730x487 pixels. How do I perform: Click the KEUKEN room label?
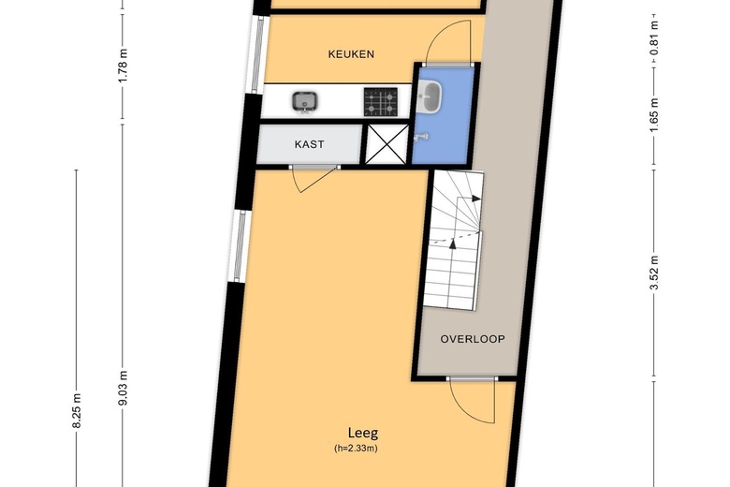pyautogui.click(x=351, y=54)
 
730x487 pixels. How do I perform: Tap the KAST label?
pyautogui.click(x=309, y=144)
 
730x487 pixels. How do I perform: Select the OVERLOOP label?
pyautogui.click(x=473, y=339)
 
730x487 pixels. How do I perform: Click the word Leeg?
pyautogui.click(x=363, y=434)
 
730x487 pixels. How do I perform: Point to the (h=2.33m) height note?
pyautogui.click(x=356, y=449)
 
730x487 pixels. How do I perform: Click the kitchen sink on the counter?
pyautogui.click(x=305, y=101)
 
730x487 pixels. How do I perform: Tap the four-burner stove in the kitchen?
pyautogui.click(x=381, y=101)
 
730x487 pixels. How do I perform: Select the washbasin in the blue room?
pyautogui.click(x=430, y=96)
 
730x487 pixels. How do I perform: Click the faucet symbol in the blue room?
pyautogui.click(x=422, y=137)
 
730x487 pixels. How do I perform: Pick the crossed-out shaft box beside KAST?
pyautogui.click(x=387, y=144)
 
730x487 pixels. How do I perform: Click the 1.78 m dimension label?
pyautogui.click(x=123, y=66)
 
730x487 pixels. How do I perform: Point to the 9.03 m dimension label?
pyautogui.click(x=123, y=389)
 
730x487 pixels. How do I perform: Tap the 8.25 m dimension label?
pyautogui.click(x=77, y=410)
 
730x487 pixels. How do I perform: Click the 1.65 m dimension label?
pyautogui.click(x=654, y=115)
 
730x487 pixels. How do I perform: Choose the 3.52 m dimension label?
pyautogui.click(x=654, y=273)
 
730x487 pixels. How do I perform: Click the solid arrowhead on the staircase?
pyautogui.click(x=476, y=199)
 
